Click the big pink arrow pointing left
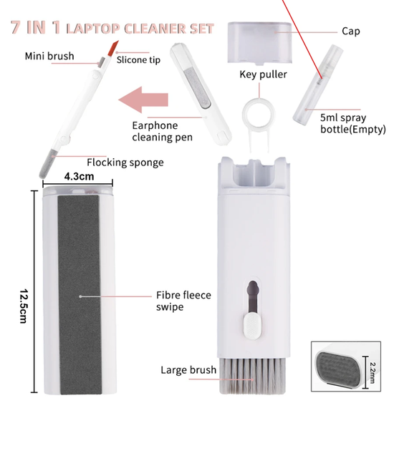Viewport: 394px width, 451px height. pos(143,100)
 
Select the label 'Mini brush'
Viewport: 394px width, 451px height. pos(49,56)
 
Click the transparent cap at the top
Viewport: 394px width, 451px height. pos(260,42)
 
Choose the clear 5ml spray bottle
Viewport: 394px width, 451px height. pos(318,84)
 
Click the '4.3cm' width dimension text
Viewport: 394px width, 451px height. pos(79,176)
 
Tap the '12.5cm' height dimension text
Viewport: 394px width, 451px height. pos(24,306)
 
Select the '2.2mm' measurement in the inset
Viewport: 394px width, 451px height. pos(372,373)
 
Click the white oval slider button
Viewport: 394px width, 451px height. pos(253,326)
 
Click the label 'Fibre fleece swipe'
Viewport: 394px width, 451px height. pos(183,301)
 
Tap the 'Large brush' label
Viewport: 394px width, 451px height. pos(188,370)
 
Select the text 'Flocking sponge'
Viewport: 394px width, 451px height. pos(125,163)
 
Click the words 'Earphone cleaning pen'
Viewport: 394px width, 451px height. pos(163,131)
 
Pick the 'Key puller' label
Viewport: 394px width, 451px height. pos(264,74)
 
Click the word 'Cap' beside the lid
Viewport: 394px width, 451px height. pos(351,31)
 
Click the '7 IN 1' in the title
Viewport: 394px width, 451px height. pos(36,27)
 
